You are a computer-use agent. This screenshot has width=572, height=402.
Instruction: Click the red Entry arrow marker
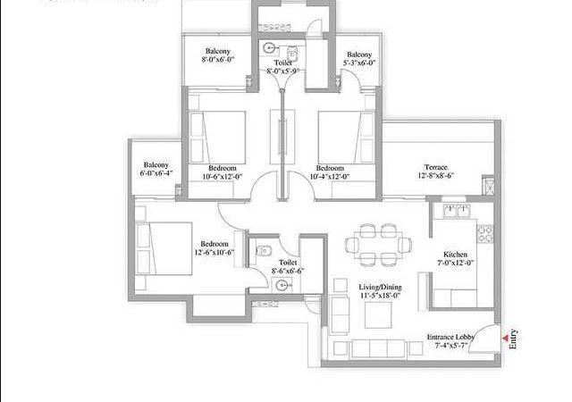coord(504,338)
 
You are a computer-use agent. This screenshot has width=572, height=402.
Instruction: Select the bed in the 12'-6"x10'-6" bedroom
coord(164,247)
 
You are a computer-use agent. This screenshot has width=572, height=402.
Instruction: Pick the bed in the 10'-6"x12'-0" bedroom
coord(219,135)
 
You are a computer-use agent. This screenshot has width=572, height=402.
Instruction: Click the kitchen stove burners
coord(487,235)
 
